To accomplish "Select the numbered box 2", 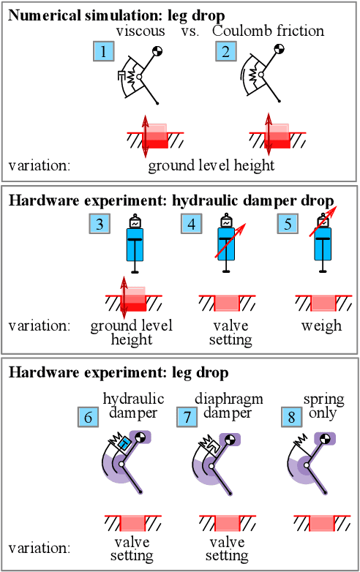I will coord(226,51).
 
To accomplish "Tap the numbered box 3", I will coord(100,224).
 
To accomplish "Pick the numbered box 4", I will coord(192,224).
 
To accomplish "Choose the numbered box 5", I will coord(288,224).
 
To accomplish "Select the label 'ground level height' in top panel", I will coord(211,165).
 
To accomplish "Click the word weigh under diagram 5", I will coord(321,324).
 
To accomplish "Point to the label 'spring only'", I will coord(322,405).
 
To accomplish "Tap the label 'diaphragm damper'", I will coord(229,405).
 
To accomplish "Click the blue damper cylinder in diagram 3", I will coord(135,249).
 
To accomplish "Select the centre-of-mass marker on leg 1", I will coord(157,50).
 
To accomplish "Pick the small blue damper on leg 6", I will coord(124,443).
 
